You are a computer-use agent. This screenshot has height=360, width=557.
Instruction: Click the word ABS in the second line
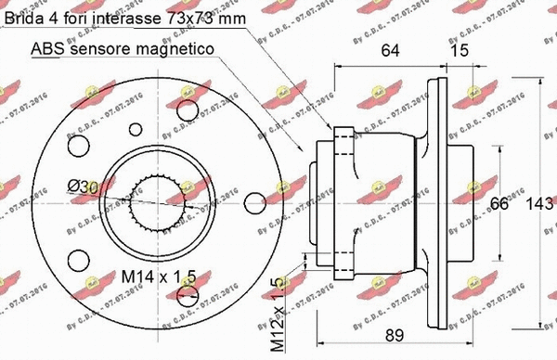tap(47, 48)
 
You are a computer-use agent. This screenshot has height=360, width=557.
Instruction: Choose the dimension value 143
tap(538, 204)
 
